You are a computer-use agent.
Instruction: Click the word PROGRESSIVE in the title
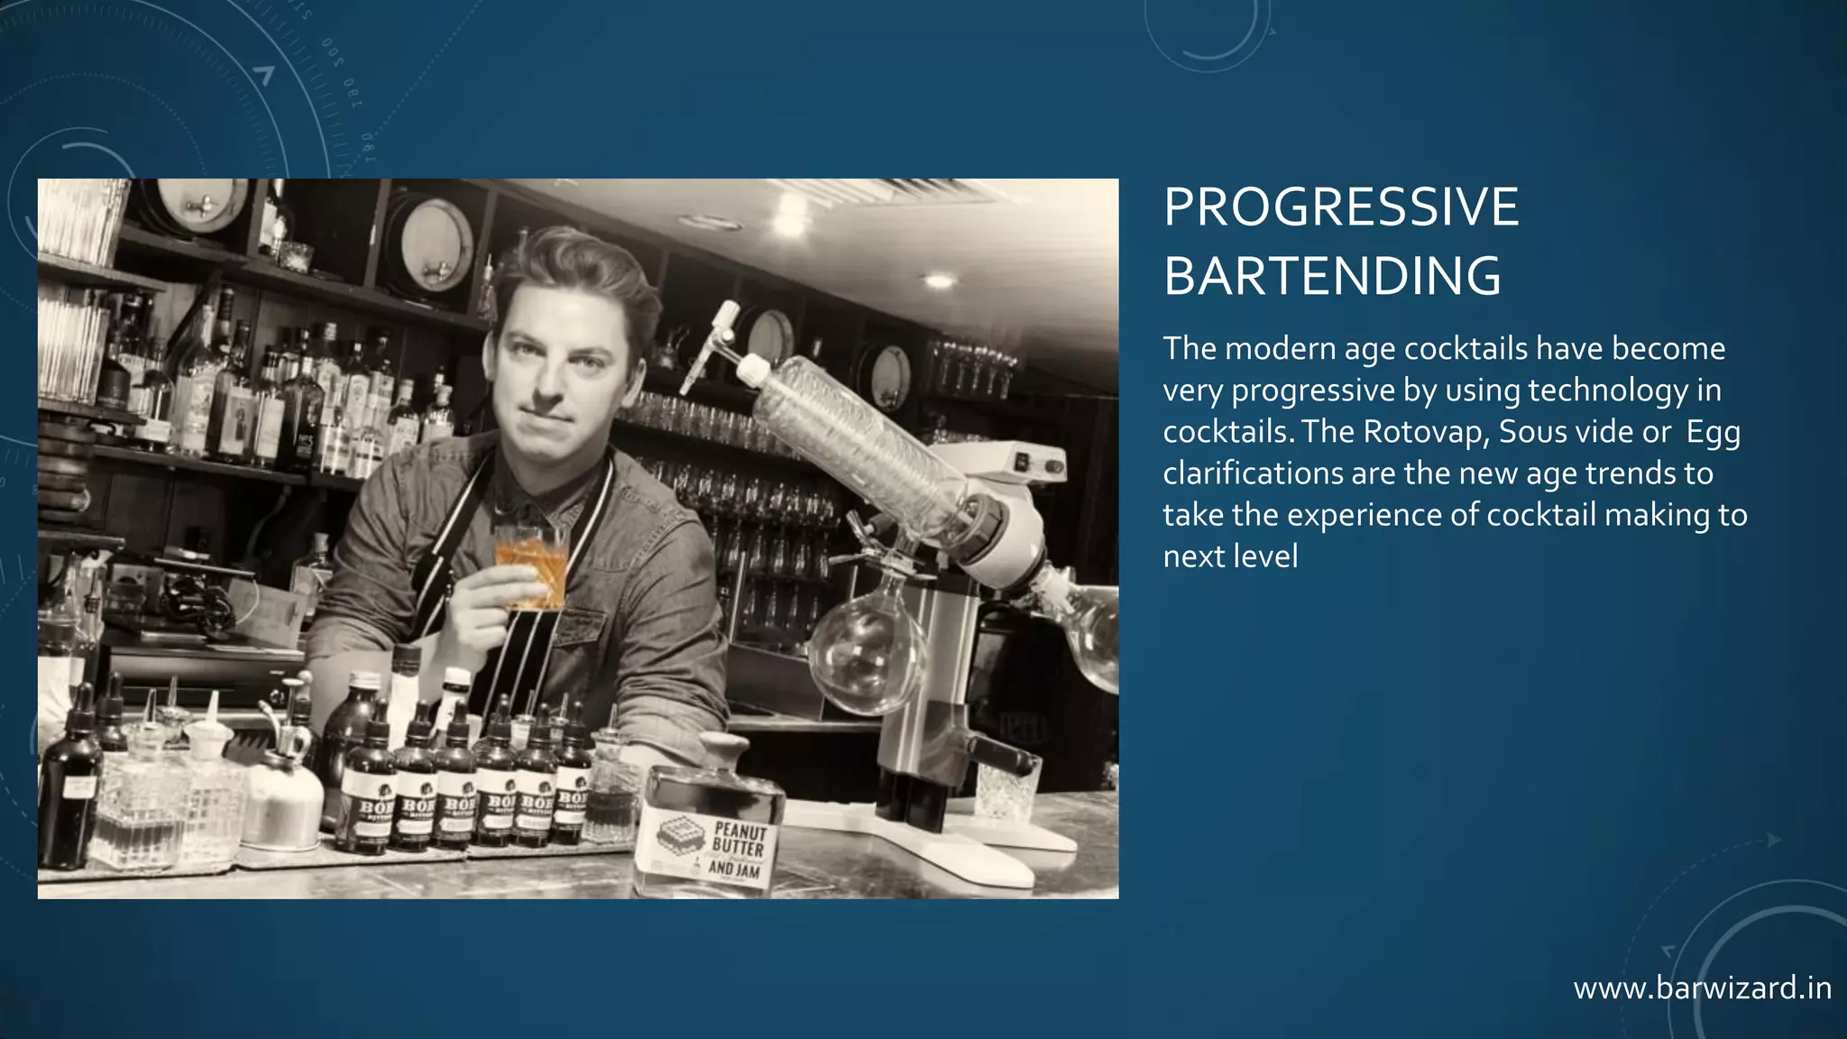(1340, 207)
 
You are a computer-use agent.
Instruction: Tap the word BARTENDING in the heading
(1331, 276)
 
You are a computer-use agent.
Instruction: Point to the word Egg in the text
(1713, 432)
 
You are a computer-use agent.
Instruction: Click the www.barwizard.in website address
(1702, 988)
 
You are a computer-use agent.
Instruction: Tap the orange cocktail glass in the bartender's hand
(530, 565)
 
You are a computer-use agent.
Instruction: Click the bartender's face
(565, 361)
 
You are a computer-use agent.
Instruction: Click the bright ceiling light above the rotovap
(938, 280)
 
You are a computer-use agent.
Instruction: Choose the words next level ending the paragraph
(1230, 556)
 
